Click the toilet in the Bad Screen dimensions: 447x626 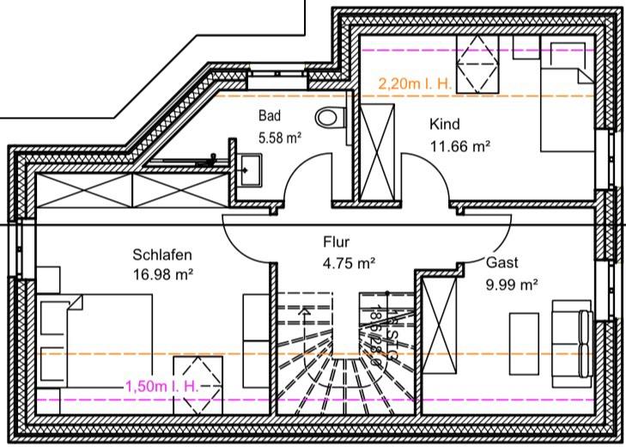pos(328,118)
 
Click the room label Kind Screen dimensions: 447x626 pos(445,125)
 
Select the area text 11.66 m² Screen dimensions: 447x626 pos(459,145)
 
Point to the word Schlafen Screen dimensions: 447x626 pos(161,254)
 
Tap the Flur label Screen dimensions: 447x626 pos(337,242)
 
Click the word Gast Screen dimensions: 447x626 pos(502,263)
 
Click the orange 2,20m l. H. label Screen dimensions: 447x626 pos(415,84)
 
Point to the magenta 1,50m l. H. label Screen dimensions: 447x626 pos(162,388)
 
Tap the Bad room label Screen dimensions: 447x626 pos(270,115)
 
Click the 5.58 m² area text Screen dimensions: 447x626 pos(280,136)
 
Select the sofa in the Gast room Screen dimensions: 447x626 pos(572,340)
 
